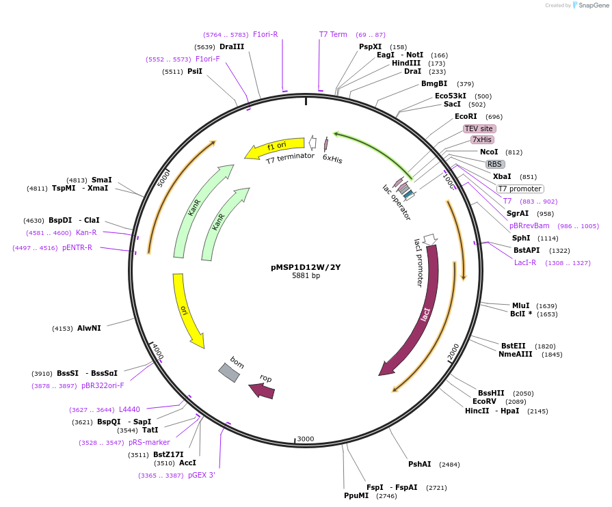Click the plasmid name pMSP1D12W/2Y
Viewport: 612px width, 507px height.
coord(306,267)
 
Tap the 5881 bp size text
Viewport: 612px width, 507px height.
coord(306,276)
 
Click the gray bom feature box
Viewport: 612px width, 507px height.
coord(229,372)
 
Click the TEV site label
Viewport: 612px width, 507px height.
coord(479,128)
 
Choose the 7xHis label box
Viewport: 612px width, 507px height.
coord(482,140)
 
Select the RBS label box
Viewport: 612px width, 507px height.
coord(494,164)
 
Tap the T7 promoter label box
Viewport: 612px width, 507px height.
coord(520,189)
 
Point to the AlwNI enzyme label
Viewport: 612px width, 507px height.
coord(89,328)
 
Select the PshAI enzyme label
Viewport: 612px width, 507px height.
coord(419,464)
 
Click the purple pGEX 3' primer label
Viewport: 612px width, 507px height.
coord(202,475)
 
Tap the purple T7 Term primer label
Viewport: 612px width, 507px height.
coord(333,34)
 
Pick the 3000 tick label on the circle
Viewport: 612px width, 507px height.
coord(306,439)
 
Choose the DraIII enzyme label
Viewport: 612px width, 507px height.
coord(232,46)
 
